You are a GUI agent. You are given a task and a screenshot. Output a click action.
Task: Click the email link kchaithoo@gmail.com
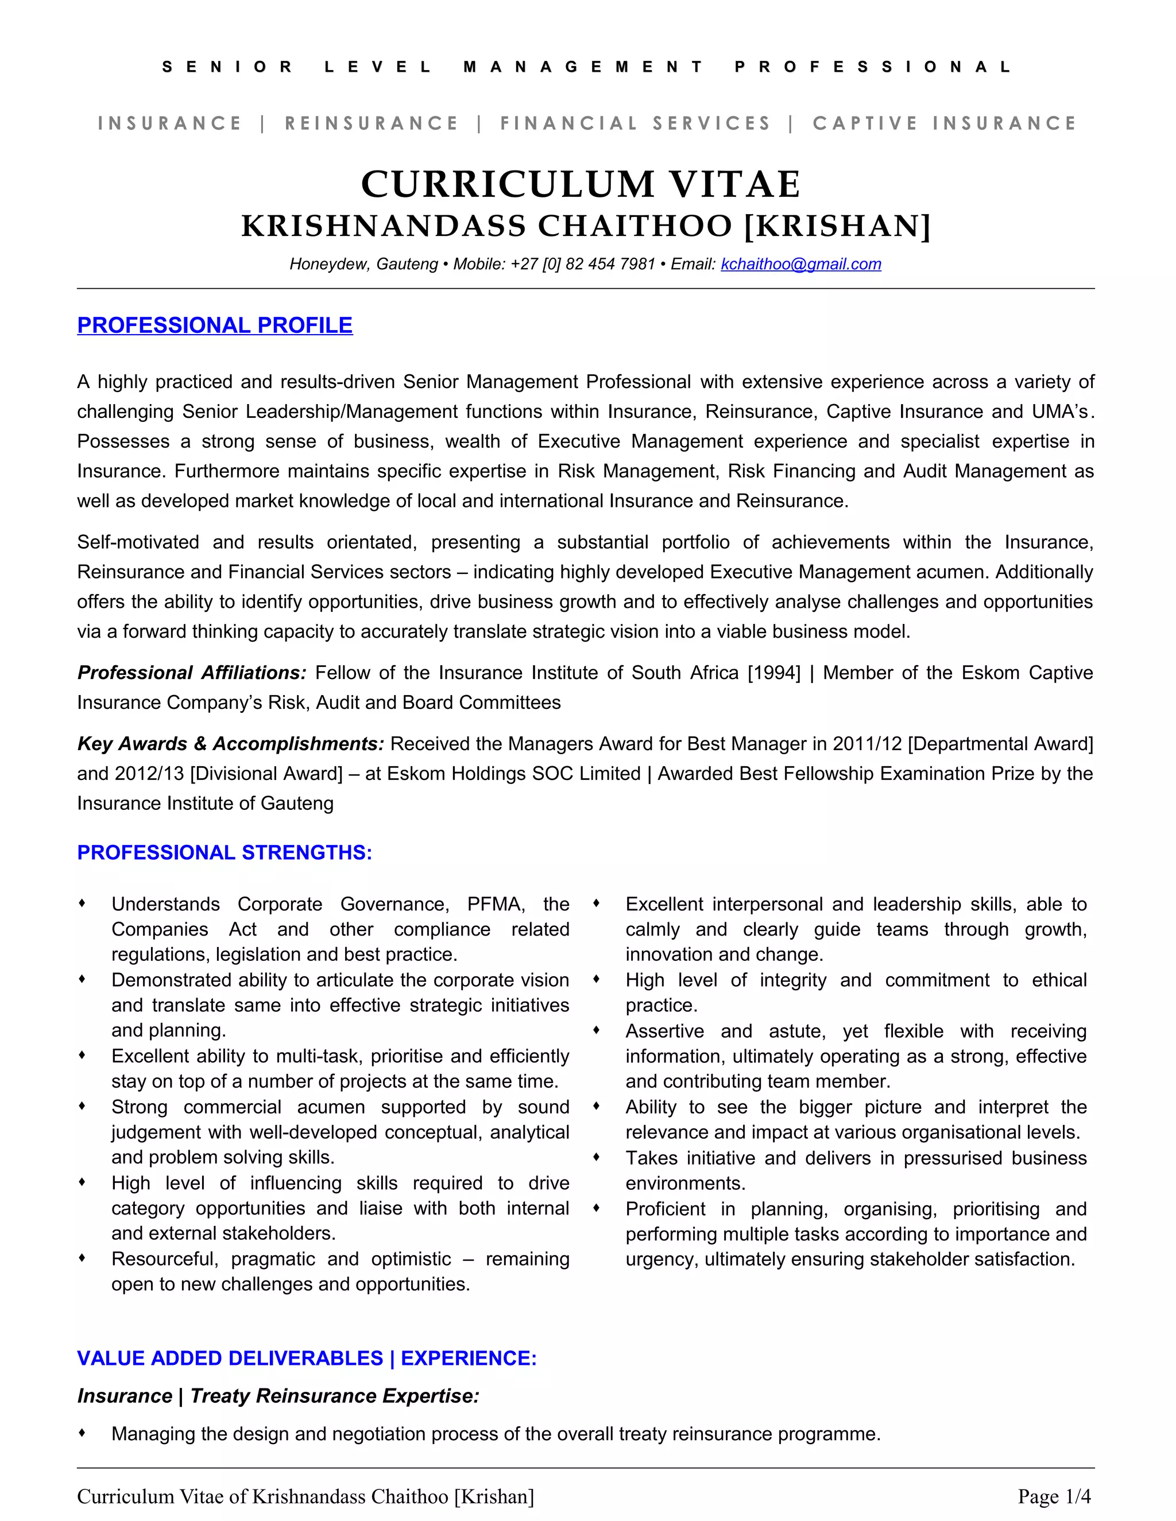coord(800,264)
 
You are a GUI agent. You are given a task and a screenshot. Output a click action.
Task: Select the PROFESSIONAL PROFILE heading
coord(215,325)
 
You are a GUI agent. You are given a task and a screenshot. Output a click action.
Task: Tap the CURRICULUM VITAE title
coord(581,185)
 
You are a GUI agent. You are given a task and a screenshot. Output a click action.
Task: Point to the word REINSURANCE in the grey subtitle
coord(372,123)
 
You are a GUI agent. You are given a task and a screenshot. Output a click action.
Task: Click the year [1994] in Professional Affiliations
coord(773,673)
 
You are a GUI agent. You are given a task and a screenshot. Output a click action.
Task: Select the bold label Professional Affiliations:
coord(192,673)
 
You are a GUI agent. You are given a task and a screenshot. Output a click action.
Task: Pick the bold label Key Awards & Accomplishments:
coord(231,744)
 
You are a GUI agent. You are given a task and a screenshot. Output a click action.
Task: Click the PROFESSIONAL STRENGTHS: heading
coord(225,852)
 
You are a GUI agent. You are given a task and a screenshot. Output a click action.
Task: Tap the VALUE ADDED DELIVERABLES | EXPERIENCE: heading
coord(307,1358)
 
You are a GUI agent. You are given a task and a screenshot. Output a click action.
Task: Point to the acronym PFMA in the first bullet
coord(494,904)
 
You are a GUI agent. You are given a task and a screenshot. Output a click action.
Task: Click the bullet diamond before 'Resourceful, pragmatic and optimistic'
coord(82,1258)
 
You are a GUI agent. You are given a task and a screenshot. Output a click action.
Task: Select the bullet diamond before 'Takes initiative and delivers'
coord(597,1157)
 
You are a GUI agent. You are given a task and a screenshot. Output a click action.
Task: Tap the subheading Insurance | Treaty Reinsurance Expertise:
coord(278,1396)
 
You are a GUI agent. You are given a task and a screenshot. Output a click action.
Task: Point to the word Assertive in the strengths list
coord(664,1031)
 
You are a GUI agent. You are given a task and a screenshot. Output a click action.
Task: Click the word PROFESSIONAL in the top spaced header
coord(873,68)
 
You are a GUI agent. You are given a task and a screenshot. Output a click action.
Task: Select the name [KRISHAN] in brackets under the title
coord(837,226)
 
